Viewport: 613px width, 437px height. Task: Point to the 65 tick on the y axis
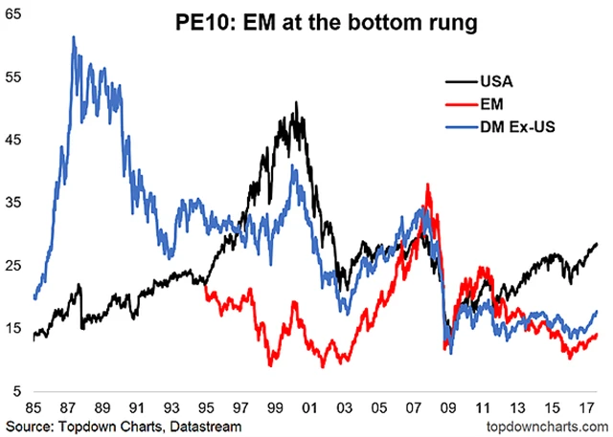coord(14,14)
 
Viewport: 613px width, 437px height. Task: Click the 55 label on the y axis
coord(14,77)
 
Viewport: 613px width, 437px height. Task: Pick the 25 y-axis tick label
coord(14,266)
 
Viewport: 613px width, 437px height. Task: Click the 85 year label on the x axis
coord(34,405)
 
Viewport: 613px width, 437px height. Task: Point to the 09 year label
coord(448,405)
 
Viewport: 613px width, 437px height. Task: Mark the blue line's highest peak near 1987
coord(73,37)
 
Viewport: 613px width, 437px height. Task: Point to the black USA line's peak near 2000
coord(297,102)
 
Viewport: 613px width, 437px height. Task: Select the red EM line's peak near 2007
coord(427,185)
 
